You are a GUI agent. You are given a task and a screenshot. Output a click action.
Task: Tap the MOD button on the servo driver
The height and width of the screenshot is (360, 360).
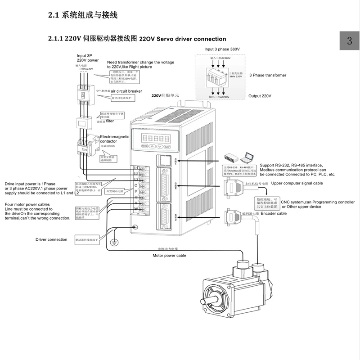pos(145,146)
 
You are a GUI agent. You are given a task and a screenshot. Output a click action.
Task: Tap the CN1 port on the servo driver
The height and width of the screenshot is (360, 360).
pos(162,160)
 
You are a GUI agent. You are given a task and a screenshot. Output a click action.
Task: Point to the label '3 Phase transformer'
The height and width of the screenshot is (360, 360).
pos(268,76)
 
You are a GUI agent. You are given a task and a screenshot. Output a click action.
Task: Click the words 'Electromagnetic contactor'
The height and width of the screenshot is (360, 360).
pos(114,139)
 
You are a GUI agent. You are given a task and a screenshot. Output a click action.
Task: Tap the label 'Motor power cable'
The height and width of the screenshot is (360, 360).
pos(169,255)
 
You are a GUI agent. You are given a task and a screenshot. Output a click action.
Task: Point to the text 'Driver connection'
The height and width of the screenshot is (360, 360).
pos(51,239)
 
